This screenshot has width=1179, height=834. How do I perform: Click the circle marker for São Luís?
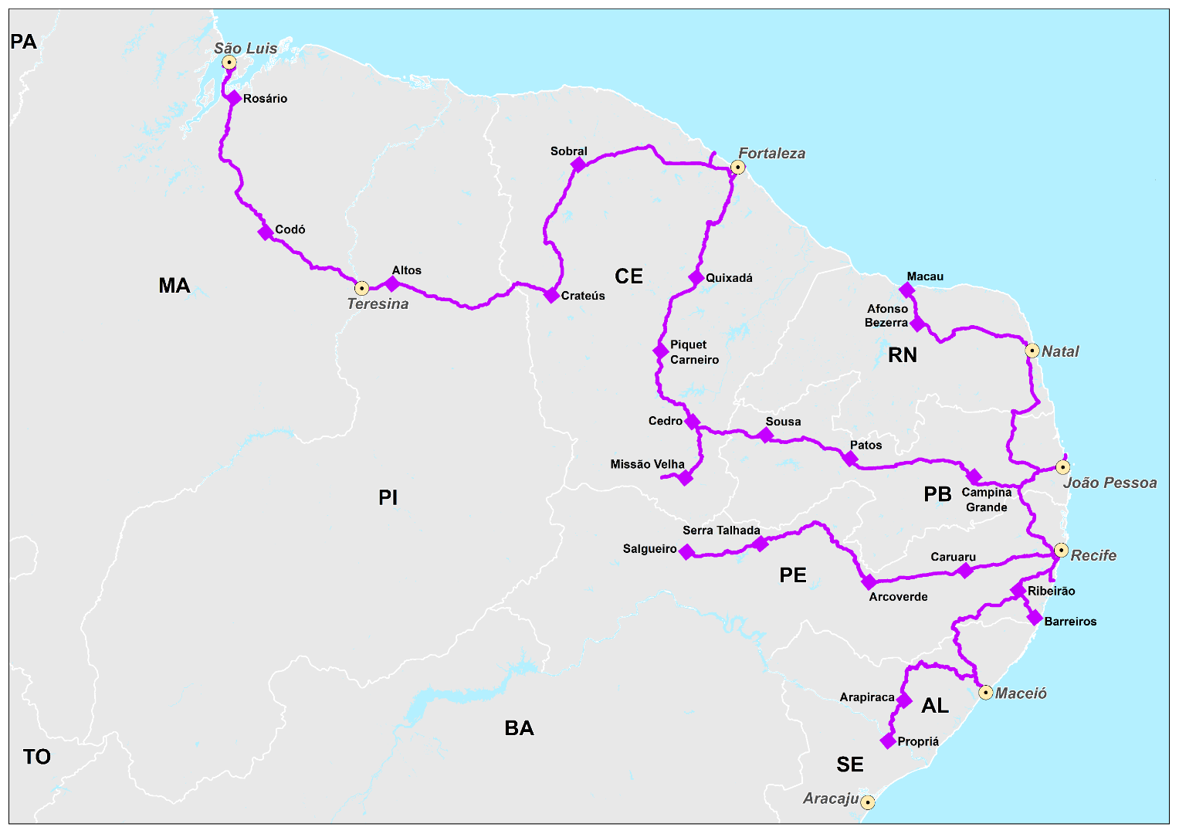click(229, 63)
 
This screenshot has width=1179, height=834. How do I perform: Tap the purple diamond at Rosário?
click(234, 98)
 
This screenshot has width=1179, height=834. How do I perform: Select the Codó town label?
click(290, 229)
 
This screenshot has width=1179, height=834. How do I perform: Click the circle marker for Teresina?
click(361, 288)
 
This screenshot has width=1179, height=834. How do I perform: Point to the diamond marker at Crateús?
click(551, 295)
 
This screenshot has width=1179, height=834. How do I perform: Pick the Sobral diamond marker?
click(578, 164)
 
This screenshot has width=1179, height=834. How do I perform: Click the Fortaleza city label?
click(771, 154)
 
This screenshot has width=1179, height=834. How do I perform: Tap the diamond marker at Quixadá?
click(696, 278)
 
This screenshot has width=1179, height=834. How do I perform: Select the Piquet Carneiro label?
click(694, 352)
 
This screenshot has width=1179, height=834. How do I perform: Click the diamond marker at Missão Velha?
click(685, 478)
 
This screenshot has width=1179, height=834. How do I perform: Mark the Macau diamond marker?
click(907, 290)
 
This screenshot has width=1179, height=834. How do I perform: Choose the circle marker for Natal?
click(1032, 351)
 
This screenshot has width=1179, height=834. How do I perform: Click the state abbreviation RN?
click(902, 355)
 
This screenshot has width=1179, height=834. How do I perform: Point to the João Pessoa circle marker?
click(1063, 467)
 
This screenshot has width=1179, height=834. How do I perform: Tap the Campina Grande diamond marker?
click(974, 476)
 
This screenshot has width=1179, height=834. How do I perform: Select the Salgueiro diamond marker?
click(686, 551)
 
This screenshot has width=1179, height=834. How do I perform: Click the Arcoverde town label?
click(898, 597)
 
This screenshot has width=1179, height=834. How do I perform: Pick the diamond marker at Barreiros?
click(1035, 618)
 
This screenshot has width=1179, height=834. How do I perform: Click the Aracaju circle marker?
click(868, 802)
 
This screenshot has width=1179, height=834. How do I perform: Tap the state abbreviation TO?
click(36, 757)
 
